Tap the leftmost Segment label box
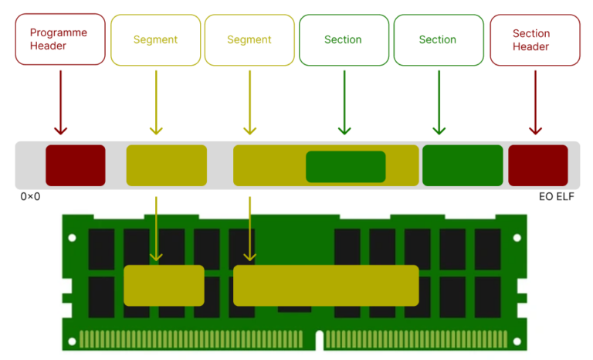point(155,40)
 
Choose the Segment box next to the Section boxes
point(249,40)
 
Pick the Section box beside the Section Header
point(438,40)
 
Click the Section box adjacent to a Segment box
point(344,40)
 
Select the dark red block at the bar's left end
point(76,165)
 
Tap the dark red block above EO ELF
point(537,165)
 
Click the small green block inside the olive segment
point(345,167)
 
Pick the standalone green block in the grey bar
point(463,165)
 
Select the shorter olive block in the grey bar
point(166,165)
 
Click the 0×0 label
point(30,197)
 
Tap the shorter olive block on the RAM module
point(164,285)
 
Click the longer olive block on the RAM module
point(326,285)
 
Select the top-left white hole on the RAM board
point(73,238)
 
